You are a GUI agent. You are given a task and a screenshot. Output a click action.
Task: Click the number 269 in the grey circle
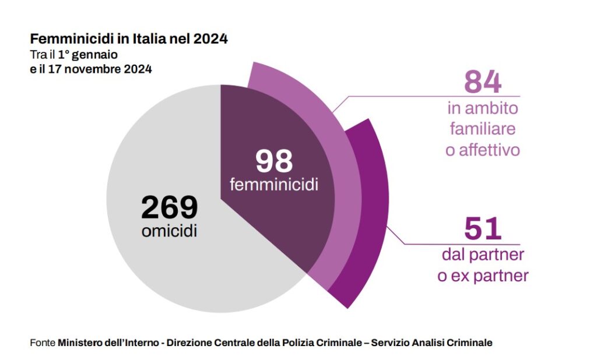[x=170, y=207]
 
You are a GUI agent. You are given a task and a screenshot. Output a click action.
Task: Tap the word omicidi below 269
[x=170, y=231]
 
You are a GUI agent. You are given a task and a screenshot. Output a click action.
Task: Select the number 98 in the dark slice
[x=274, y=161]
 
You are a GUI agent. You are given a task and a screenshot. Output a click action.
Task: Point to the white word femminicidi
[x=274, y=185]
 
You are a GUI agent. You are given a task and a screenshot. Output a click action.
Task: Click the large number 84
[x=483, y=82]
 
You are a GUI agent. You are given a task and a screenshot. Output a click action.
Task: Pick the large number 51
[x=483, y=228]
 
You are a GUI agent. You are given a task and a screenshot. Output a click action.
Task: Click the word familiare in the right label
[x=483, y=129]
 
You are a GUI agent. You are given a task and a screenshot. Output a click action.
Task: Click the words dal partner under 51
[x=483, y=255]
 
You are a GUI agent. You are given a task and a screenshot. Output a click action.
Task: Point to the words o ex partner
[x=483, y=276]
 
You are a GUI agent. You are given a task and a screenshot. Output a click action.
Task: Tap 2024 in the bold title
[x=210, y=39]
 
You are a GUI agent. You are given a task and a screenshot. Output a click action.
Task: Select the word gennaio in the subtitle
[x=94, y=55]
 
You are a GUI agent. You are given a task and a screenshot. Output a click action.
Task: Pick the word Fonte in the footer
[x=43, y=343]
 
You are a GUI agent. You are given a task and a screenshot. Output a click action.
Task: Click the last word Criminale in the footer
[x=469, y=343]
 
